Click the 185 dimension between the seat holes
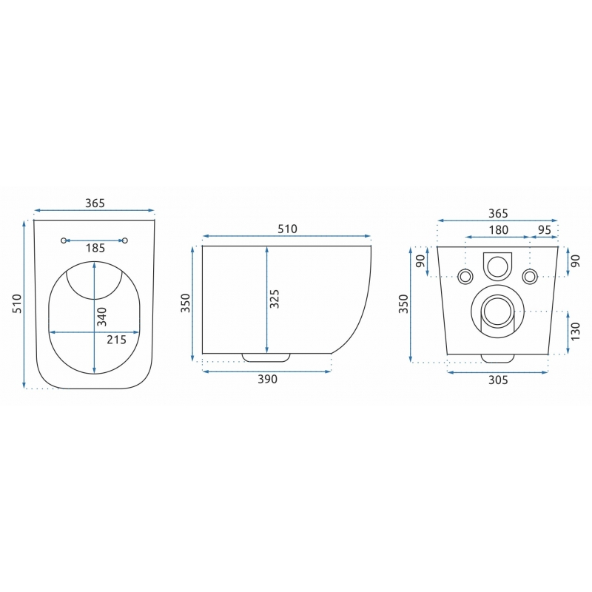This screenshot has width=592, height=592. click(95, 248)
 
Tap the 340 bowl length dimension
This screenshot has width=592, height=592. click(101, 317)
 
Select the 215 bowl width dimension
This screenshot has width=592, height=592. click(116, 340)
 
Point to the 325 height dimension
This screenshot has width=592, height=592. click(275, 299)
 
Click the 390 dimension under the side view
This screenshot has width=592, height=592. click(267, 379)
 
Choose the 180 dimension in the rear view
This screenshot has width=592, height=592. click(498, 230)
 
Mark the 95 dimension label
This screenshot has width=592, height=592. click(544, 230)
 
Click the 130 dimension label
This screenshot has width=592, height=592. click(575, 331)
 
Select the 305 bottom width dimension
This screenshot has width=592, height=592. click(498, 380)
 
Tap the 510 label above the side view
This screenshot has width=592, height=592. click(287, 229)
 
